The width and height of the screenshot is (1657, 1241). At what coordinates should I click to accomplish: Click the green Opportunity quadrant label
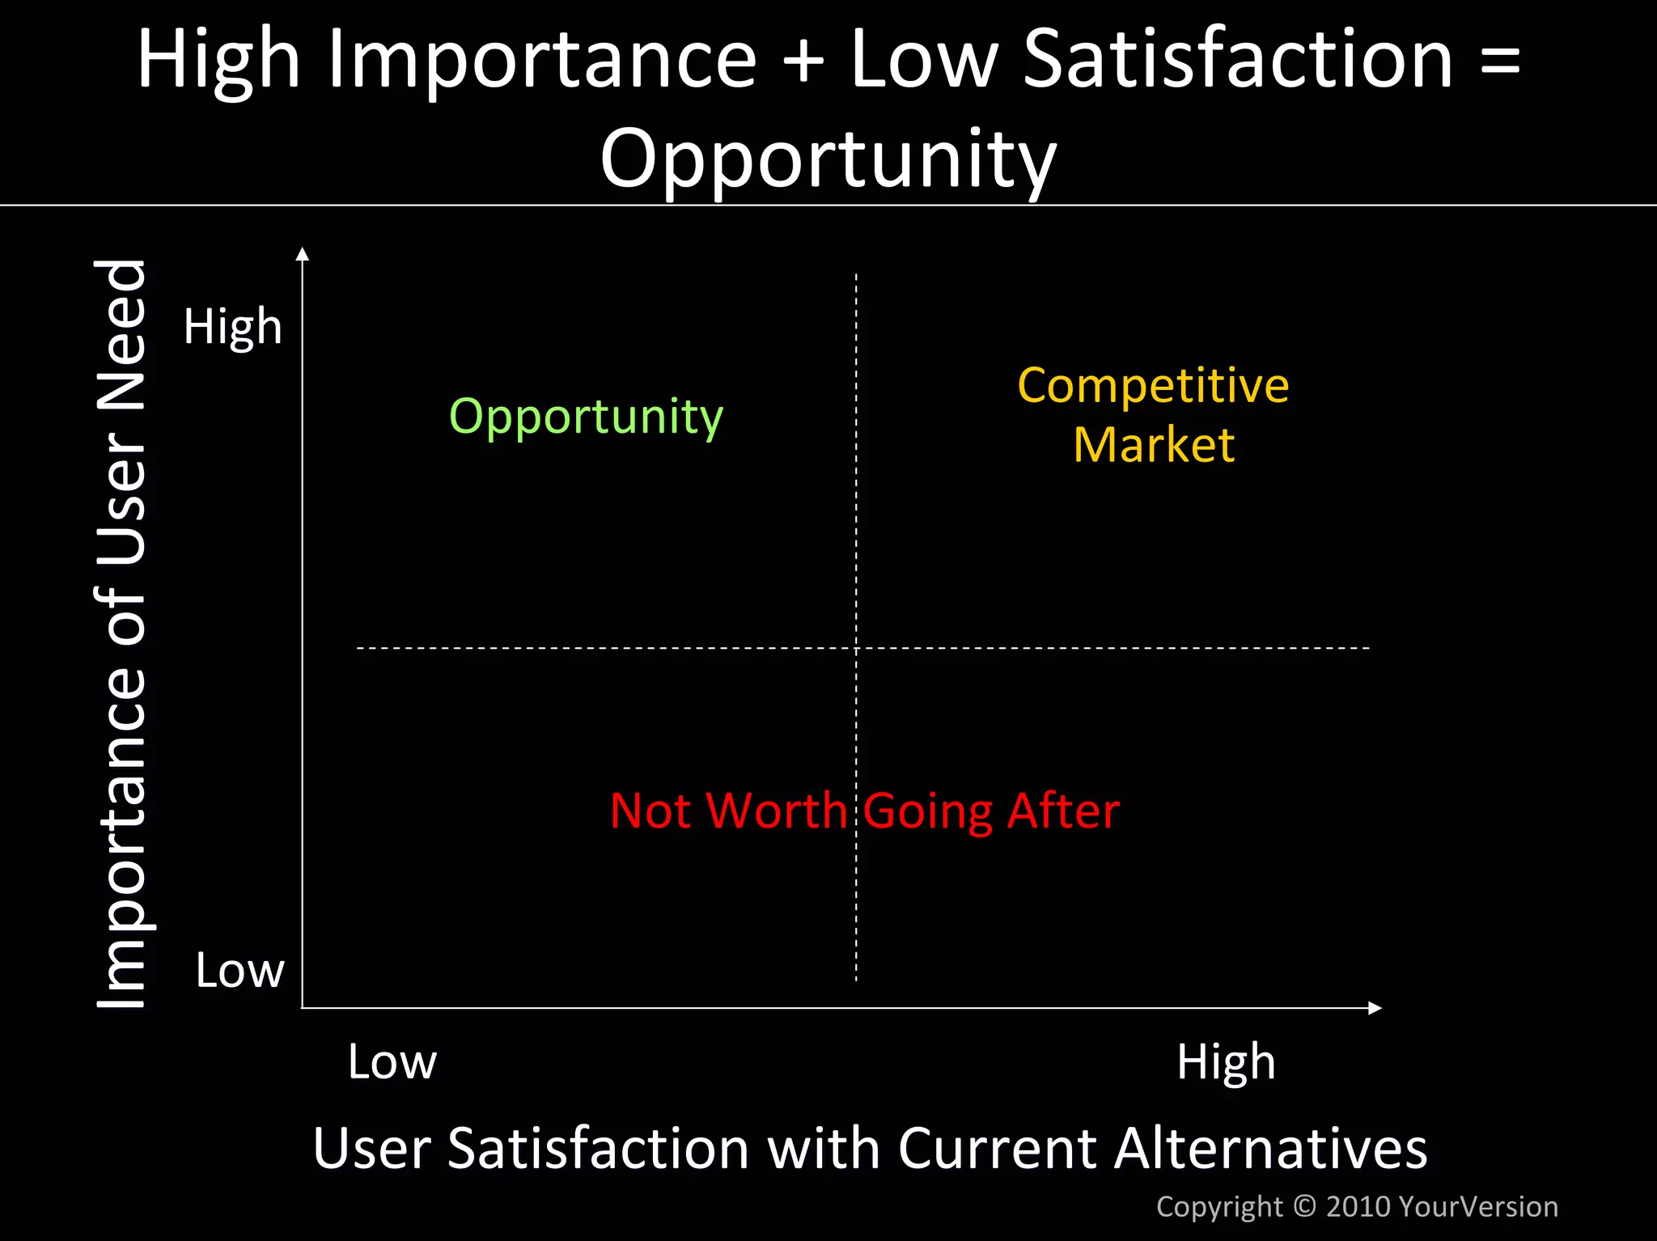click(586, 417)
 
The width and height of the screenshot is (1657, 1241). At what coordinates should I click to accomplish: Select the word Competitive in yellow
click(1153, 385)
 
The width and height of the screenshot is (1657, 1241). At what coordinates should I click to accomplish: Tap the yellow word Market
click(1154, 445)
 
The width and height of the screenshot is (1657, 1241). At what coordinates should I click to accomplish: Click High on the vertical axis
click(233, 327)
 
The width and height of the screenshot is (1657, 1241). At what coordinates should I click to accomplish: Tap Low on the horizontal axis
click(392, 1061)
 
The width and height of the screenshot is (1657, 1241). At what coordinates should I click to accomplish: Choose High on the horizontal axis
click(1226, 1062)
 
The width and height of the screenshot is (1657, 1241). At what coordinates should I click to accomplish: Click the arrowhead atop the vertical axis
click(303, 254)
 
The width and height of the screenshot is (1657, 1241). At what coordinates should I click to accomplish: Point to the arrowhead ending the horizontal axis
click(1375, 1008)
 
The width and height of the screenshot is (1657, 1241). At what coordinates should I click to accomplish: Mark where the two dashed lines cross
click(856, 648)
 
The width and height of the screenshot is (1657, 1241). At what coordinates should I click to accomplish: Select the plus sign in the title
click(803, 61)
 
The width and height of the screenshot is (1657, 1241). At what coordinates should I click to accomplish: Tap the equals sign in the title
click(1500, 61)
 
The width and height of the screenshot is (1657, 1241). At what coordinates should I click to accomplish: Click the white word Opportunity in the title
click(828, 159)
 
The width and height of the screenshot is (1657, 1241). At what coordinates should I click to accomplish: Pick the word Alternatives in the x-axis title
click(1270, 1148)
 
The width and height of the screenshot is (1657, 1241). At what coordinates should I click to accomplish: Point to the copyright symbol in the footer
click(1305, 1206)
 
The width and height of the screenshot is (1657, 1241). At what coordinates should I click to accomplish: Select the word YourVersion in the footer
click(1477, 1206)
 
